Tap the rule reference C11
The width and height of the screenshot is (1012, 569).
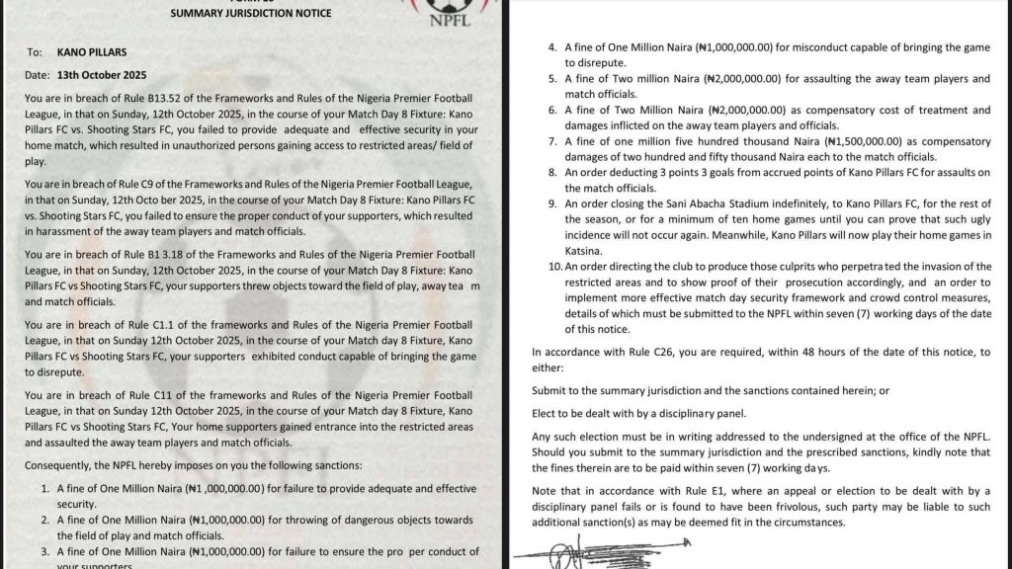[x=170, y=394]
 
